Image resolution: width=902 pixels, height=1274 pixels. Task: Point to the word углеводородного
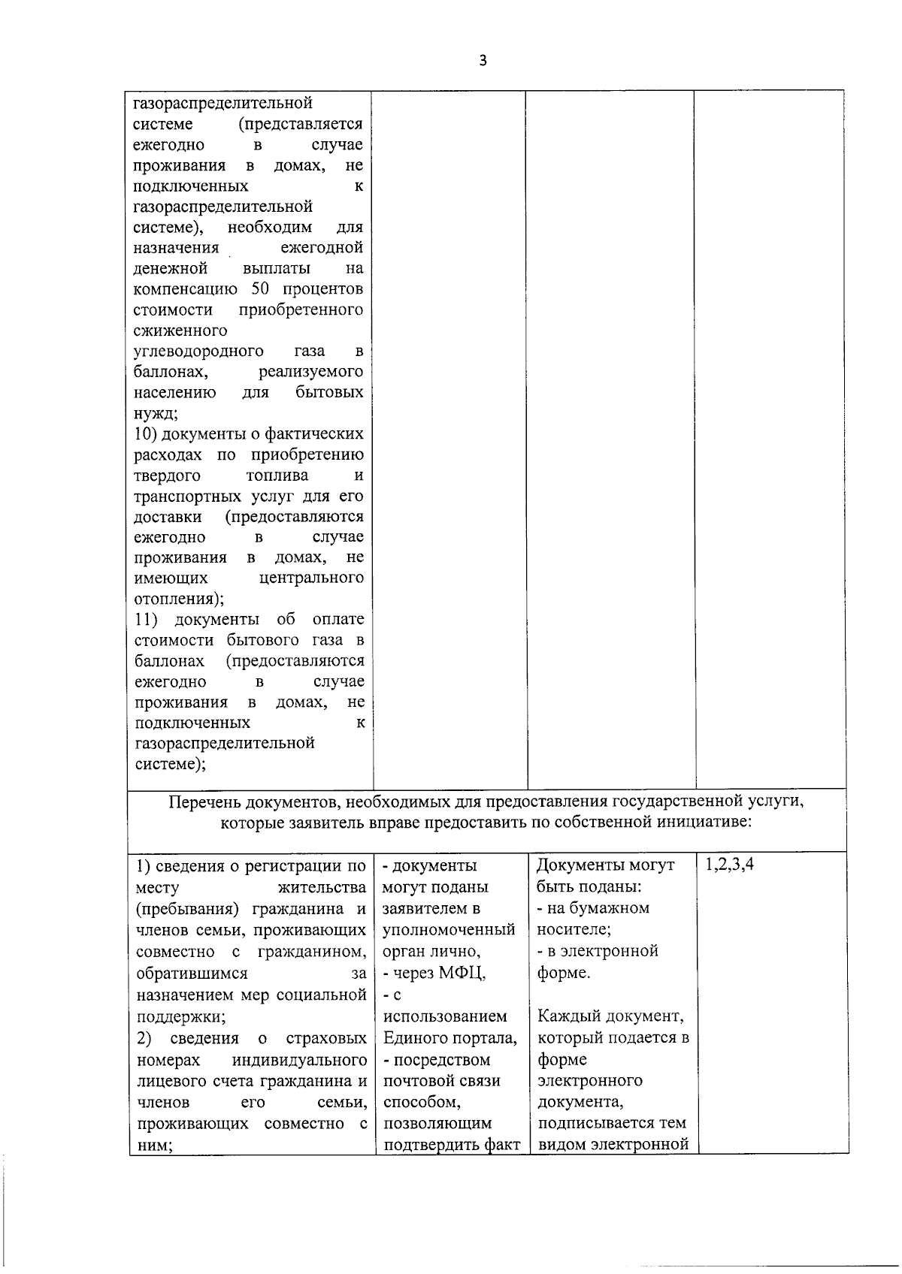click(x=198, y=351)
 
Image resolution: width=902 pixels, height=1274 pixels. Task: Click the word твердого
click(x=167, y=475)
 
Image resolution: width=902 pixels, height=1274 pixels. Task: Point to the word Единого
click(x=415, y=1038)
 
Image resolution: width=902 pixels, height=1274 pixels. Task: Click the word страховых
click(x=326, y=1038)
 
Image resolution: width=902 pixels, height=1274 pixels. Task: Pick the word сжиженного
click(x=180, y=331)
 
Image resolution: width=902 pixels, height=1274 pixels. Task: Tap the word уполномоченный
click(x=449, y=929)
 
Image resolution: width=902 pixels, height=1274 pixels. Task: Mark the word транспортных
click(x=188, y=496)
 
